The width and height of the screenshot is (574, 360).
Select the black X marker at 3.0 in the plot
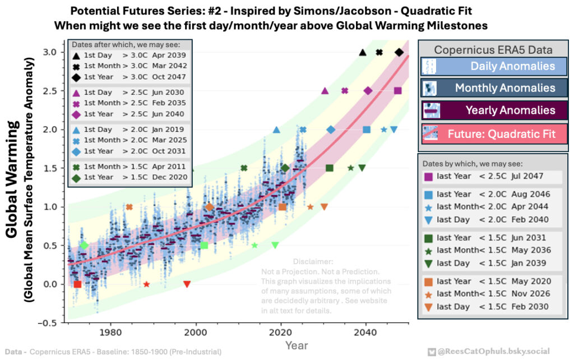click(x=379, y=52)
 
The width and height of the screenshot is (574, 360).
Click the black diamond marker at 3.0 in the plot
click(x=399, y=52)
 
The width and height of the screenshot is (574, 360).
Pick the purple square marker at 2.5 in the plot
click(x=397, y=91)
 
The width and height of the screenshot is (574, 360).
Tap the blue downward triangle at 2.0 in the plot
click(x=394, y=130)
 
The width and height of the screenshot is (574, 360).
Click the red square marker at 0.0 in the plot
click(x=77, y=284)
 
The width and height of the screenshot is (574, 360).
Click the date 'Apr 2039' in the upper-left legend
click(x=170, y=55)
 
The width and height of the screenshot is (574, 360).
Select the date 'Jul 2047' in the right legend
click(x=529, y=177)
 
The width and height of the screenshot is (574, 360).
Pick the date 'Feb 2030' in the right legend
click(x=529, y=307)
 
